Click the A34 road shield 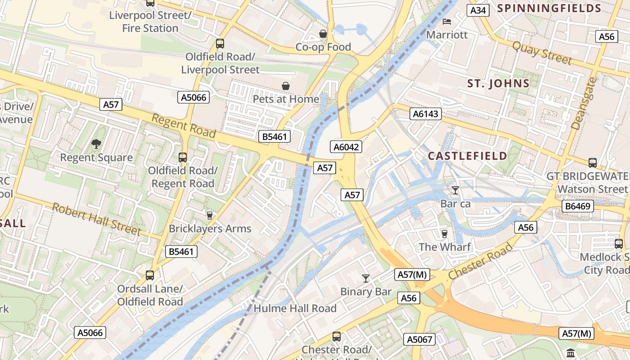477,10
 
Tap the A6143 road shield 425,114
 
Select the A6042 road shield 346,147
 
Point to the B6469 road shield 578,206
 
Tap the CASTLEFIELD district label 467,156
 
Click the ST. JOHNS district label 498,83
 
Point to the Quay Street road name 542,53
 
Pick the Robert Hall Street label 96,219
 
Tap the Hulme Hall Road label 295,308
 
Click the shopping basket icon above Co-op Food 323,34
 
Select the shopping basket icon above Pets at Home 285,86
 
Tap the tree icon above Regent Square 96,144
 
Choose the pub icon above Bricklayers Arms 209,215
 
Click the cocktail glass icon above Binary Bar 365,279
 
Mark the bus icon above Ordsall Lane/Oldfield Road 150,275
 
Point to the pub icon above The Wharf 445,234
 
